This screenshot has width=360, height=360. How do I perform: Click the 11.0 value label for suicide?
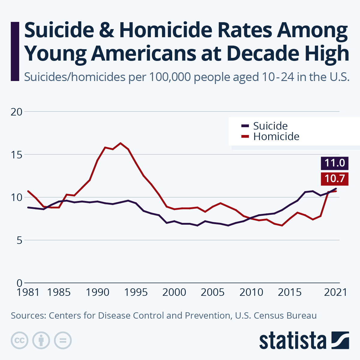coord(334,163)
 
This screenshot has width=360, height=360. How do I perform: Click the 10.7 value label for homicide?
coord(334,179)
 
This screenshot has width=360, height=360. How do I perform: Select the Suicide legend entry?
coord(270,126)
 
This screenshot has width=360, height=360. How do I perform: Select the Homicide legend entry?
coord(276,137)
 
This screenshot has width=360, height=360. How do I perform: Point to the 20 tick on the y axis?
coord(16,112)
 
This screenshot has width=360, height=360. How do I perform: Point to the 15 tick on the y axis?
coord(16,155)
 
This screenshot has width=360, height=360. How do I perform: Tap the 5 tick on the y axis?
coord(19,240)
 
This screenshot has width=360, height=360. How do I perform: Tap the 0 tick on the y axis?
coord(19,283)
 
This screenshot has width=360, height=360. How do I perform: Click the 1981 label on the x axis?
coord(28,292)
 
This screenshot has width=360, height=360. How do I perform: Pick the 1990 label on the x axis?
coord(97,292)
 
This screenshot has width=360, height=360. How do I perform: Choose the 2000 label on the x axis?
coord(174,292)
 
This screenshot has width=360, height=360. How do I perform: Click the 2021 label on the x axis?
coord(335,292)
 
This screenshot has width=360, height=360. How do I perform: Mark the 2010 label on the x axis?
coord(251,292)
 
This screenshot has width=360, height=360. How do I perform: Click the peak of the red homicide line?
coord(121,143)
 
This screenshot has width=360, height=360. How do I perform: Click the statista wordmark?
coord(293,341)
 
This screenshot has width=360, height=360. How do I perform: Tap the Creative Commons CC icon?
coord(19,340)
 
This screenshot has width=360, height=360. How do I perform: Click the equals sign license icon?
coord(63,340)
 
